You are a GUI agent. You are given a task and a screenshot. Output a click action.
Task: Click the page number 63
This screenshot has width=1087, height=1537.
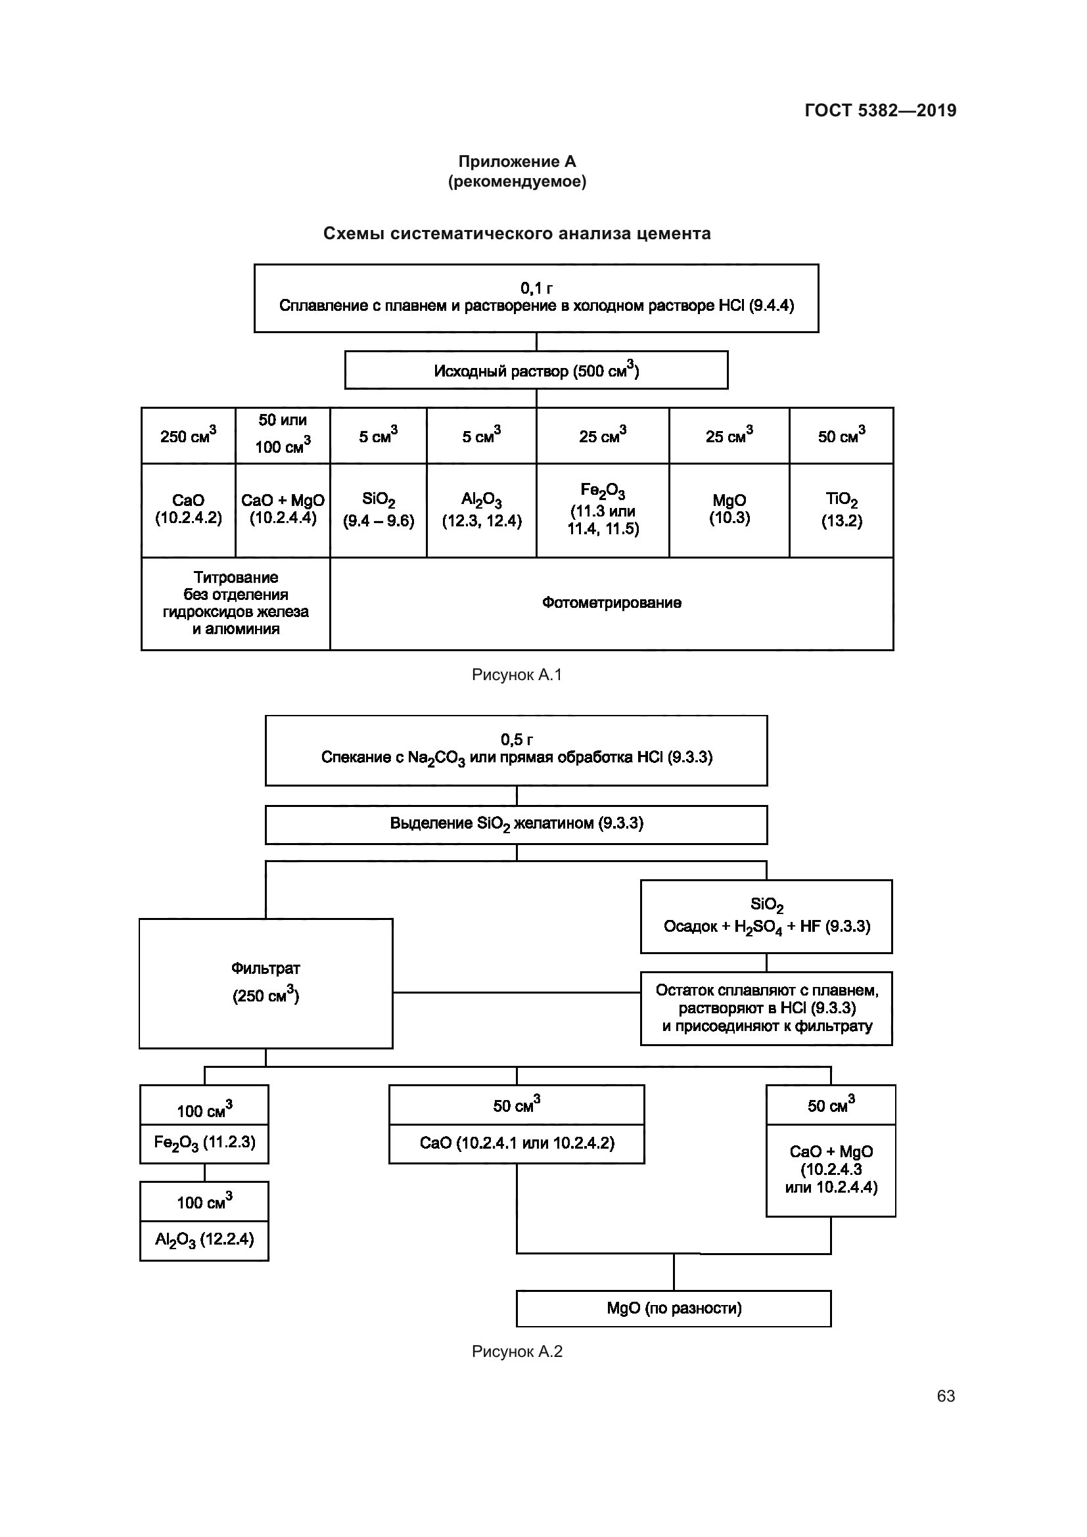pos(945,1396)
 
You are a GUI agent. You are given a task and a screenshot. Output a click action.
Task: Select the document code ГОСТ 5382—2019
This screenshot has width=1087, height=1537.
pos(880,110)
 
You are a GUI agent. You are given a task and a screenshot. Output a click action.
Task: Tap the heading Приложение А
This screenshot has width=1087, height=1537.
pos(517,162)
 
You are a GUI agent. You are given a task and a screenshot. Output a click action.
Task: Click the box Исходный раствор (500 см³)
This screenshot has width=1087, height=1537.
pos(536,370)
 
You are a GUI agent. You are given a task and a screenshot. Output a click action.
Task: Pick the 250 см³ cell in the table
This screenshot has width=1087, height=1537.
pos(188,436)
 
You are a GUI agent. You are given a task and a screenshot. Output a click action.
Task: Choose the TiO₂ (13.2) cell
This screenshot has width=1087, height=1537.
pos(841,510)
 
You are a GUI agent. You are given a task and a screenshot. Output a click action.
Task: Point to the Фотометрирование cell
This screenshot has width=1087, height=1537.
pos(611,603)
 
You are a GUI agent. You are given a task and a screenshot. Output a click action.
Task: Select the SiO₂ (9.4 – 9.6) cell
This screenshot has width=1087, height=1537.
pos(378,510)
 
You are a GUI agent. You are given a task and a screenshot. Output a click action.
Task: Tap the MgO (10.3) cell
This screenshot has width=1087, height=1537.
pos(729,509)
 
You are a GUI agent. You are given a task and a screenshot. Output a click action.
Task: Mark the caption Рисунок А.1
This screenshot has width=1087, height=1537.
pos(517,675)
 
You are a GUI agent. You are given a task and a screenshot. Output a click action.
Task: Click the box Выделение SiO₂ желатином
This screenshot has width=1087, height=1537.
pos(516,824)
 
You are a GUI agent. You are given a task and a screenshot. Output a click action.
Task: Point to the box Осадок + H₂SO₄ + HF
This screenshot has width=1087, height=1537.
pos(766,917)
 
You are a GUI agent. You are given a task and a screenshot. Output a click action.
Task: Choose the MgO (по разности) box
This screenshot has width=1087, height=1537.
pos(674,1308)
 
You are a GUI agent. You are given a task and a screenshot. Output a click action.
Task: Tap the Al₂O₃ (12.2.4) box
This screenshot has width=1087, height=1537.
pos(204,1240)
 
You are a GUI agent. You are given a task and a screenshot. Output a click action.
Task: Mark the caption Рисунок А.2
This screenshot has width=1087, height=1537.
pos(517,1352)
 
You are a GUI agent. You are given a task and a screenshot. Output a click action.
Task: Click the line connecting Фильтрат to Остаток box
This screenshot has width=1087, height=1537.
pos(516,993)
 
